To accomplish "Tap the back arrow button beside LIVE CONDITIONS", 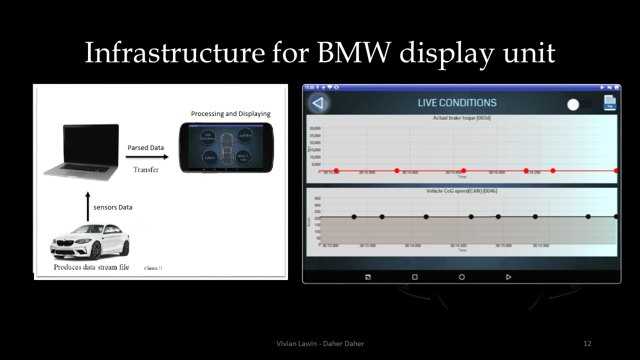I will pyautogui.click(x=318, y=103).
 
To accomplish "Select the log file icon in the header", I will pyautogui.click(x=609, y=102).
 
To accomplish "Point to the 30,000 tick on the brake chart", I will pyautogui.click(x=315, y=128).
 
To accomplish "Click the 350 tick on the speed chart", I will pyautogui.click(x=317, y=198).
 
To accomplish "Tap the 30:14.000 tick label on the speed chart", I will pyautogui.click(x=413, y=246).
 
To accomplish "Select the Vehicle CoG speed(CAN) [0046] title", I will pyautogui.click(x=461, y=191).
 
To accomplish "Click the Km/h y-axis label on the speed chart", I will pyautogui.click(x=309, y=222).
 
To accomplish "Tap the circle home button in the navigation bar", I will pyautogui.click(x=461, y=277).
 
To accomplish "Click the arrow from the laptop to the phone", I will pyautogui.click(x=147, y=157).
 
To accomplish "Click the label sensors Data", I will pyautogui.click(x=113, y=207).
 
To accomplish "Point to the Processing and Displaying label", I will pyautogui.click(x=230, y=114).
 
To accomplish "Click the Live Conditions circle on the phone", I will pyautogui.click(x=207, y=136).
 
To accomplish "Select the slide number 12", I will pyautogui.click(x=587, y=343).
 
